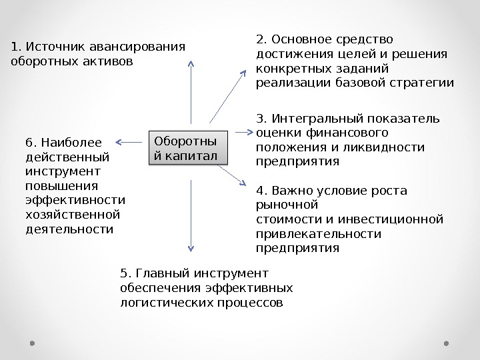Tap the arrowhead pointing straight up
(x=191, y=64)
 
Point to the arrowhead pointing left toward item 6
(x=119, y=141)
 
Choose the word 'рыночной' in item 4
(x=287, y=205)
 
